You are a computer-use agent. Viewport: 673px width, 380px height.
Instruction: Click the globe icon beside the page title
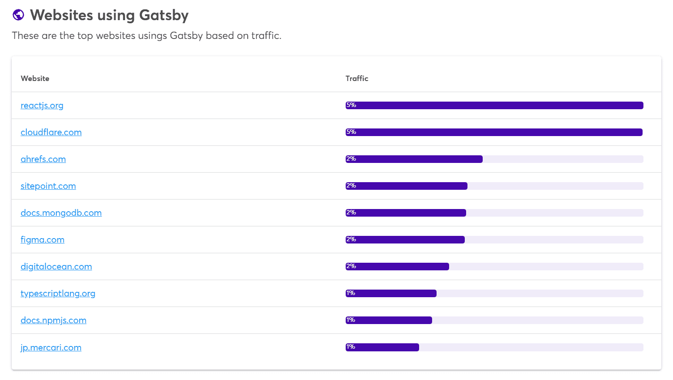point(18,15)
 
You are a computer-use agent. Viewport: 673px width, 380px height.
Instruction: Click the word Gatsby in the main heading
point(163,15)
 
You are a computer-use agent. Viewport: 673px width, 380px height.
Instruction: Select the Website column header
point(35,78)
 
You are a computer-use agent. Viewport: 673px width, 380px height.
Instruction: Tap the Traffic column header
point(357,78)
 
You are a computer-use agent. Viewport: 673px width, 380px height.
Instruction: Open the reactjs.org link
point(42,106)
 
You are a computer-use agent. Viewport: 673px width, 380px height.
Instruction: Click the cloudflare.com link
point(51,132)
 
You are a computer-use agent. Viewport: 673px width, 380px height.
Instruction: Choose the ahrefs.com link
point(43,159)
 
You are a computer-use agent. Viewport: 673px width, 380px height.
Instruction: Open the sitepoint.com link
point(48,186)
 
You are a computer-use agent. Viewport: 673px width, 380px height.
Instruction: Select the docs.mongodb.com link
point(61,213)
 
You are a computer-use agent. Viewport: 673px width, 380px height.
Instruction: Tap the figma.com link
point(43,240)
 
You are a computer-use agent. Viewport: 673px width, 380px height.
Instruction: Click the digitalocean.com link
point(56,267)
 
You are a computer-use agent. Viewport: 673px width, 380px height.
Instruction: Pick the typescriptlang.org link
point(58,294)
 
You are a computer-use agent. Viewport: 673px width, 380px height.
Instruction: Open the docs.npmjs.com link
point(53,320)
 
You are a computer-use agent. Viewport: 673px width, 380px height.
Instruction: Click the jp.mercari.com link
point(51,348)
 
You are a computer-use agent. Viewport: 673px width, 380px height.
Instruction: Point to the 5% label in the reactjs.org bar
point(351,105)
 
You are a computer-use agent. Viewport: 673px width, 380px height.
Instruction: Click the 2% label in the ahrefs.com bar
point(351,159)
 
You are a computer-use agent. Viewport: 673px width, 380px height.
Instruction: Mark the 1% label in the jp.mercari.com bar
point(351,347)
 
